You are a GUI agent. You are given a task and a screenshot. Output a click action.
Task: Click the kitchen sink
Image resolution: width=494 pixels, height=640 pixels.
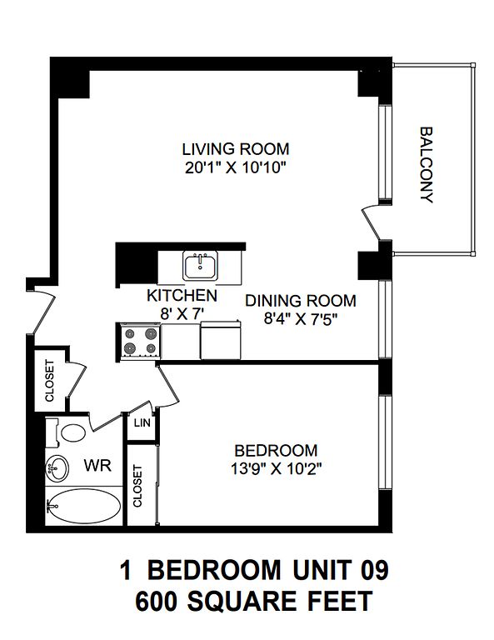pos(200,265)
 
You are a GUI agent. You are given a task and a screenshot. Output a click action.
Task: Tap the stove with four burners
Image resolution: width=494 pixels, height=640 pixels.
pos(141,342)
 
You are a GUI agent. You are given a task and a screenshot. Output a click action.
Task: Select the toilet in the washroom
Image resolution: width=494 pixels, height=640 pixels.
pos(67,432)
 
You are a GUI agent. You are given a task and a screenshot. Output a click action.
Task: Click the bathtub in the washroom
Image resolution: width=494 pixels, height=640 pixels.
pos(83,506)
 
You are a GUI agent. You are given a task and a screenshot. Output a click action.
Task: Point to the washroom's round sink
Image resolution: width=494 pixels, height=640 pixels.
pos(57,468)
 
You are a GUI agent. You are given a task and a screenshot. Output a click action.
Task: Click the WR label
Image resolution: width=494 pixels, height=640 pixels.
pos(97,465)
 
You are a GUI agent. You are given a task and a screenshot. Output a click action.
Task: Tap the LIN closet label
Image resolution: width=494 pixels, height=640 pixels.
pos(142,422)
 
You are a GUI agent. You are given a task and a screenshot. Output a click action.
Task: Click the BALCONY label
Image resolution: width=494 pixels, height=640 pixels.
pos(427,165)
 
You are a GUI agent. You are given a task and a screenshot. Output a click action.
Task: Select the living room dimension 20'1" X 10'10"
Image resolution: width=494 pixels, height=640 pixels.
pos(235,167)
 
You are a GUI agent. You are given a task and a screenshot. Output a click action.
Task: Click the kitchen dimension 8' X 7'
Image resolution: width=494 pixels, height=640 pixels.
pos(182,313)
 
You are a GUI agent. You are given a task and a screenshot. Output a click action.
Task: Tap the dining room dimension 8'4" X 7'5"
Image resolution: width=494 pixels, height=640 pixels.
pos(301,319)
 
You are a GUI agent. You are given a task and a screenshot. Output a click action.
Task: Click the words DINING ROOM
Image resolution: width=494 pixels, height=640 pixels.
pos(301,301)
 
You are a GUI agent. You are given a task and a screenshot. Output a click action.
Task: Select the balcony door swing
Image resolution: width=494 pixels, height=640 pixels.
pos(372,222)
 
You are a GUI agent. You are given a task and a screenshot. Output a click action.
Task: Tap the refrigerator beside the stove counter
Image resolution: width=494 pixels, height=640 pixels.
pos(220,340)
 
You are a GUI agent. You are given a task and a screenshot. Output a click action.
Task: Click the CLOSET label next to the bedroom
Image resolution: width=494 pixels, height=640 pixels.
pos(137,486)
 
